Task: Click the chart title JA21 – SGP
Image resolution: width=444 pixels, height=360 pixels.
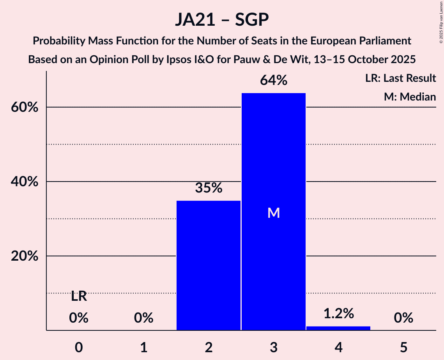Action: coord(222,19)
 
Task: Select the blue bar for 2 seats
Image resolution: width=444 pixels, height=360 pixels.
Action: coord(209,265)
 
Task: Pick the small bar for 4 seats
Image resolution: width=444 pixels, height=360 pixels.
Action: coord(338,328)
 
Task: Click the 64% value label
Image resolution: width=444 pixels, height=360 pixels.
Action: coord(274,81)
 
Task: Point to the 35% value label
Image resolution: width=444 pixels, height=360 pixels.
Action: coord(209,188)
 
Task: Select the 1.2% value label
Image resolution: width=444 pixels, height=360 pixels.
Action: coord(338,313)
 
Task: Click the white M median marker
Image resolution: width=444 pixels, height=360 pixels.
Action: coord(274,213)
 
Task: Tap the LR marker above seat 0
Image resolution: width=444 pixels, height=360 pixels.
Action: coord(79,296)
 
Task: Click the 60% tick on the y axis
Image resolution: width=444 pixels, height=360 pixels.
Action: coord(24,108)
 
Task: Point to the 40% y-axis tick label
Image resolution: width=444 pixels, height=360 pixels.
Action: coord(24,182)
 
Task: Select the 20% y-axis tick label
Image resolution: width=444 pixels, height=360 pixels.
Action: coord(24,256)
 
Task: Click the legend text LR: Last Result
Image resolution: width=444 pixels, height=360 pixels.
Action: coord(400,78)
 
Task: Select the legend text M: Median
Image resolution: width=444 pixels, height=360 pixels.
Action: coord(410,97)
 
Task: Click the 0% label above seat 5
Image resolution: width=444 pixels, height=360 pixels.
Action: coord(403,318)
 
